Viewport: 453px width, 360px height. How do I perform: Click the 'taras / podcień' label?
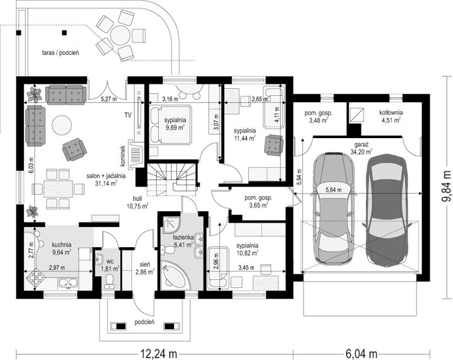click(60, 52)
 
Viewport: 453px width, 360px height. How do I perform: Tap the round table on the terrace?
click(122, 35)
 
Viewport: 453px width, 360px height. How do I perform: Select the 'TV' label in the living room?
click(128, 115)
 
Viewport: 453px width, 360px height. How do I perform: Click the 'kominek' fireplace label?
click(123, 156)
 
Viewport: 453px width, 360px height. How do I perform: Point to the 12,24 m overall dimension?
click(159, 353)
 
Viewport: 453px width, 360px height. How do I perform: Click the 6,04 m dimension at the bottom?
click(361, 353)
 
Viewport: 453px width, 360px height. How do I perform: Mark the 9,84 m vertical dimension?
click(447, 186)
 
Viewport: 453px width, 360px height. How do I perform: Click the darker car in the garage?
click(387, 210)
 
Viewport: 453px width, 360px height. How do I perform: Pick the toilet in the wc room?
click(109, 281)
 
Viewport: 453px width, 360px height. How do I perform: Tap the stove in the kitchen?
click(36, 277)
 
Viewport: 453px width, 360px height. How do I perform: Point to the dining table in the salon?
click(58, 189)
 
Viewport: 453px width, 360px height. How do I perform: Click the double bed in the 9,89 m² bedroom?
click(171, 124)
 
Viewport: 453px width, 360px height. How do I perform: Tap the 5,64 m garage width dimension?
click(333, 190)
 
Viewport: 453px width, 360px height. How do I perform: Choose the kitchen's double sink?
click(68, 283)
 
